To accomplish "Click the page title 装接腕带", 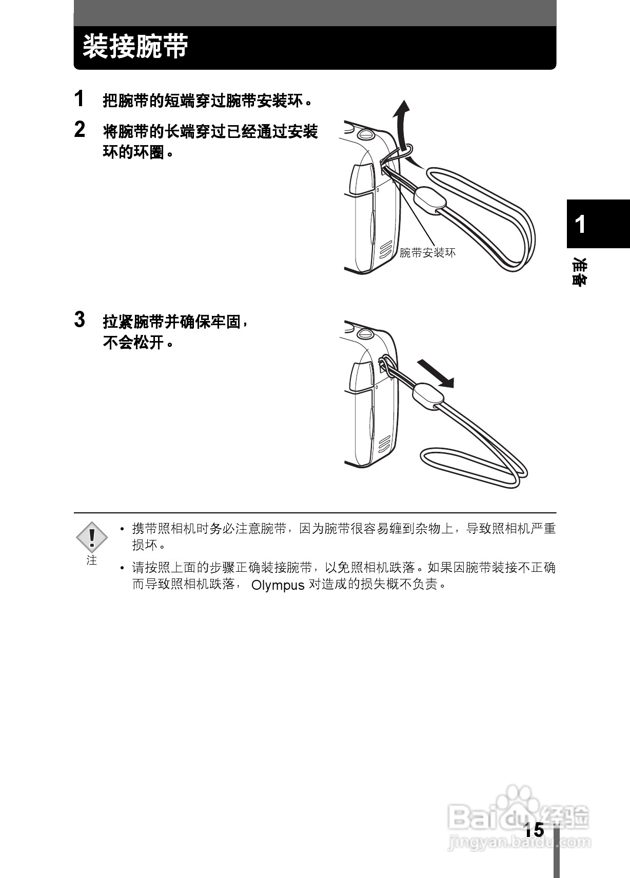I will [135, 47].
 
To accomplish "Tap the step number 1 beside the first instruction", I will [79, 98].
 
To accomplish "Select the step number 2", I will [79, 130].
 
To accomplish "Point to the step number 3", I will [79, 320].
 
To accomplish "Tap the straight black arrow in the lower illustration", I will [436, 373].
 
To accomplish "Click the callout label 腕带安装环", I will [427, 253].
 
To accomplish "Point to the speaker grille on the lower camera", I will [385, 445].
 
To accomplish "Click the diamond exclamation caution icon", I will [92, 536].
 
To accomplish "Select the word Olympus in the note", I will [278, 585].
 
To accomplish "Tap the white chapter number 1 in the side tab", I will [580, 224].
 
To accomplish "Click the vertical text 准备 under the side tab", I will [580, 272].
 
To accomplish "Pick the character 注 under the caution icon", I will [92, 560].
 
